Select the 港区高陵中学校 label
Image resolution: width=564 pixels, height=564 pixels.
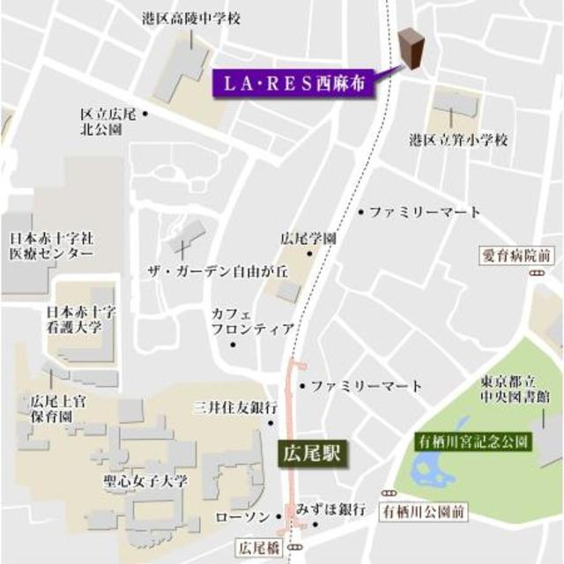coord(190,18)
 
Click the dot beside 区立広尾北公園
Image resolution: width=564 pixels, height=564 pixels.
coord(144,114)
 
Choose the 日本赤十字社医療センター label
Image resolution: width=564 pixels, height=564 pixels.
coord(51,246)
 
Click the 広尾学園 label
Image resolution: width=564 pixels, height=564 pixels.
coord(308,238)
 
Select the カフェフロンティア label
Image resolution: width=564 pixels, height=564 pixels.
coord(252,322)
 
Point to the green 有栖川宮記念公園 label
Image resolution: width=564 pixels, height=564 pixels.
coord(473,439)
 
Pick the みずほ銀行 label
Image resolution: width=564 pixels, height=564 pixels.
coord(330,510)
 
